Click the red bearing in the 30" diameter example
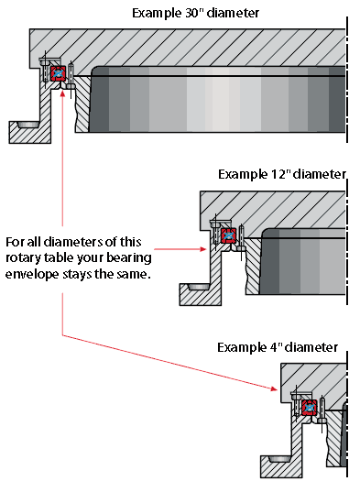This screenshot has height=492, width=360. pyautogui.click(x=58, y=73)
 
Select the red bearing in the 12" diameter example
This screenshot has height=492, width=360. pyautogui.click(x=229, y=235)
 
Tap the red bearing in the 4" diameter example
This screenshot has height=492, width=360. pyautogui.click(x=310, y=408)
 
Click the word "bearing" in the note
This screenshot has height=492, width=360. pyautogui.click(x=129, y=258)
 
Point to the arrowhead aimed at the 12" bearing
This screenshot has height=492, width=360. pyautogui.click(x=202, y=249)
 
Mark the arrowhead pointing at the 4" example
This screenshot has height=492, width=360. pyautogui.click(x=274, y=389)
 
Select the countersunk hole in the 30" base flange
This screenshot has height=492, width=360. pyautogui.click(x=27, y=125)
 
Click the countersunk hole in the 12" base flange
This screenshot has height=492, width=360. pyautogui.click(x=198, y=287)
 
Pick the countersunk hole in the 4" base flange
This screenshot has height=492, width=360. pyautogui.click(x=279, y=459)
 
